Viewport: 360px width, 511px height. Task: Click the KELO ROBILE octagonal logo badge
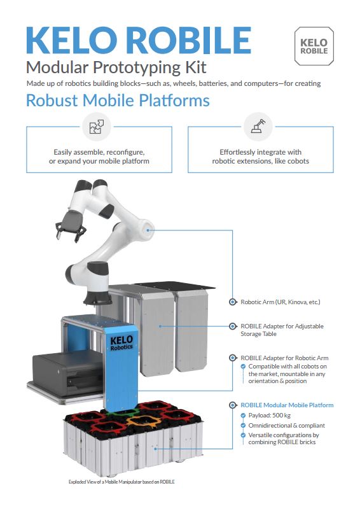pyautogui.click(x=314, y=46)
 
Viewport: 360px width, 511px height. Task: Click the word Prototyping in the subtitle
pyautogui.click(x=137, y=68)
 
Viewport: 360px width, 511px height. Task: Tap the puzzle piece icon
pyautogui.click(x=97, y=127)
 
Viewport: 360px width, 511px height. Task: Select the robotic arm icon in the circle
pyautogui.click(x=258, y=126)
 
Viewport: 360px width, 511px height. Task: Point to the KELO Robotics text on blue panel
pyautogui.click(x=121, y=343)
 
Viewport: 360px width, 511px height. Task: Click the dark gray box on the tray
pyautogui.click(x=67, y=374)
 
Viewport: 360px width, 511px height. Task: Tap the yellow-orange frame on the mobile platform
pyautogui.click(x=143, y=421)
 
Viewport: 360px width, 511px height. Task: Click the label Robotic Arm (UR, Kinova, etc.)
pyautogui.click(x=280, y=302)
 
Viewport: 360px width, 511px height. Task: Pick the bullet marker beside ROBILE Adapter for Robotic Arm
pyautogui.click(x=233, y=358)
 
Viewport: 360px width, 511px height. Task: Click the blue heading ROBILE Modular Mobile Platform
pyautogui.click(x=287, y=405)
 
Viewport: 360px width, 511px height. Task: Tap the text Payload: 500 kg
pyautogui.click(x=270, y=415)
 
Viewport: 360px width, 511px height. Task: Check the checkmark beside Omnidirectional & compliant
pyautogui.click(x=243, y=425)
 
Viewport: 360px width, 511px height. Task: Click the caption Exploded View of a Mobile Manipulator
pyautogui.click(x=121, y=482)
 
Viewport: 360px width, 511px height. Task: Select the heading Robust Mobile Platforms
pyautogui.click(x=118, y=100)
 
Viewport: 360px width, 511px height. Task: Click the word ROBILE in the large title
pyautogui.click(x=188, y=40)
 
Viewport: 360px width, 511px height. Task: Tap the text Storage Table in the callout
pyautogui.click(x=258, y=334)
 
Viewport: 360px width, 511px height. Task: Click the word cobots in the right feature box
pyautogui.click(x=299, y=161)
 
